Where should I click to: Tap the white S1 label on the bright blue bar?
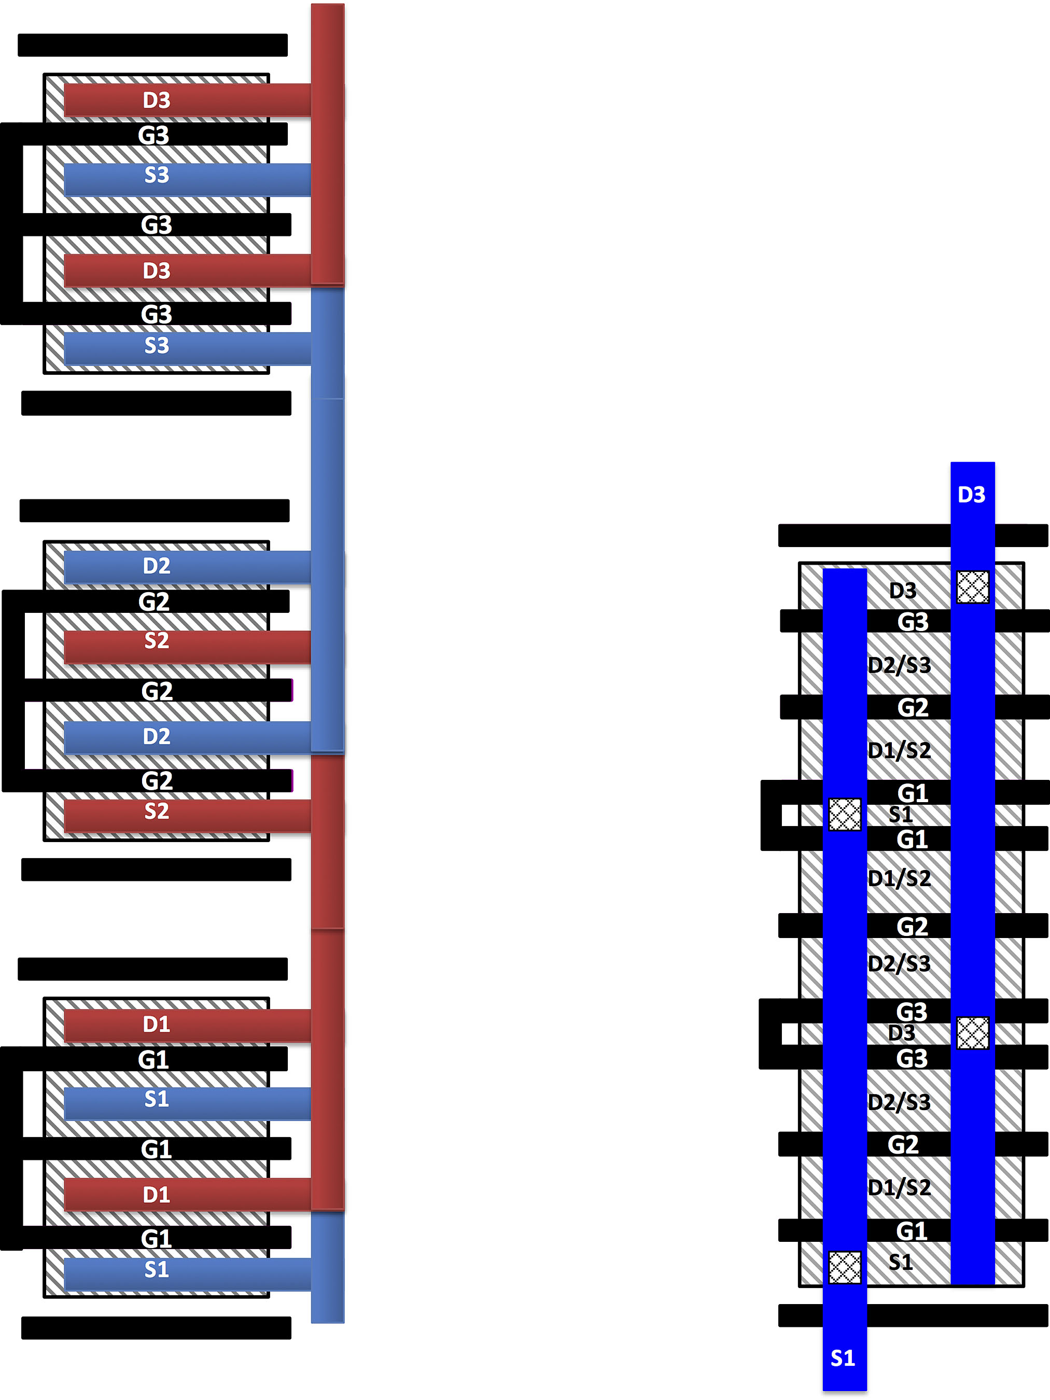tap(843, 1357)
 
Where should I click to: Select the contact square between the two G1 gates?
tap(845, 814)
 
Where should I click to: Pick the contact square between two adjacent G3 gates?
tap(973, 1033)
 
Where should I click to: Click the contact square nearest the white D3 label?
tap(973, 587)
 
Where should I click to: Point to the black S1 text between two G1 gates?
tap(901, 815)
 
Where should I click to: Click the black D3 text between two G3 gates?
tap(902, 1033)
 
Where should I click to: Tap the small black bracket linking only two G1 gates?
tap(772, 815)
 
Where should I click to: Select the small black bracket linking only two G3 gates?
tap(770, 1033)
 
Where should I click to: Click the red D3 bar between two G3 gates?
tap(187, 270)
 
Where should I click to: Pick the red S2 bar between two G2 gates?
tap(187, 646)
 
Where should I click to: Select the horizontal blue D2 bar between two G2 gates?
tap(187, 737)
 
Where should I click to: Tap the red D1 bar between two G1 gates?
tap(187, 1194)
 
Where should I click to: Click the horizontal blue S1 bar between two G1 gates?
tap(187, 1103)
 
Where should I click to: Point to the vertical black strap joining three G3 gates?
tap(11, 224)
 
